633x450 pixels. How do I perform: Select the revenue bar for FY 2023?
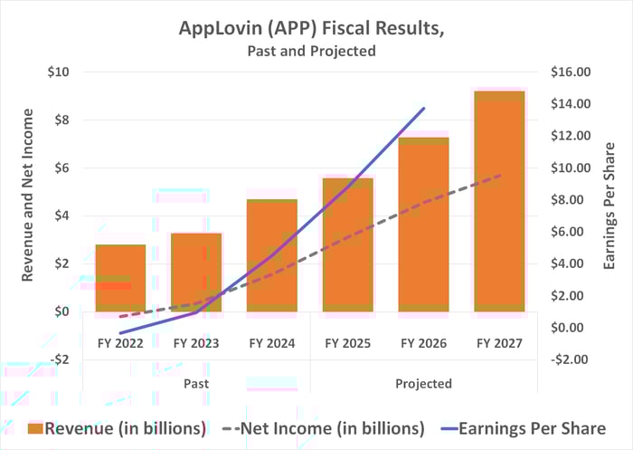(196, 273)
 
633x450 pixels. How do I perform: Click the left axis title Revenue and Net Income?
(28, 195)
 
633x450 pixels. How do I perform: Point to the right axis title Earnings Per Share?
(609, 207)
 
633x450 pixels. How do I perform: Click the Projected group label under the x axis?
(423, 383)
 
